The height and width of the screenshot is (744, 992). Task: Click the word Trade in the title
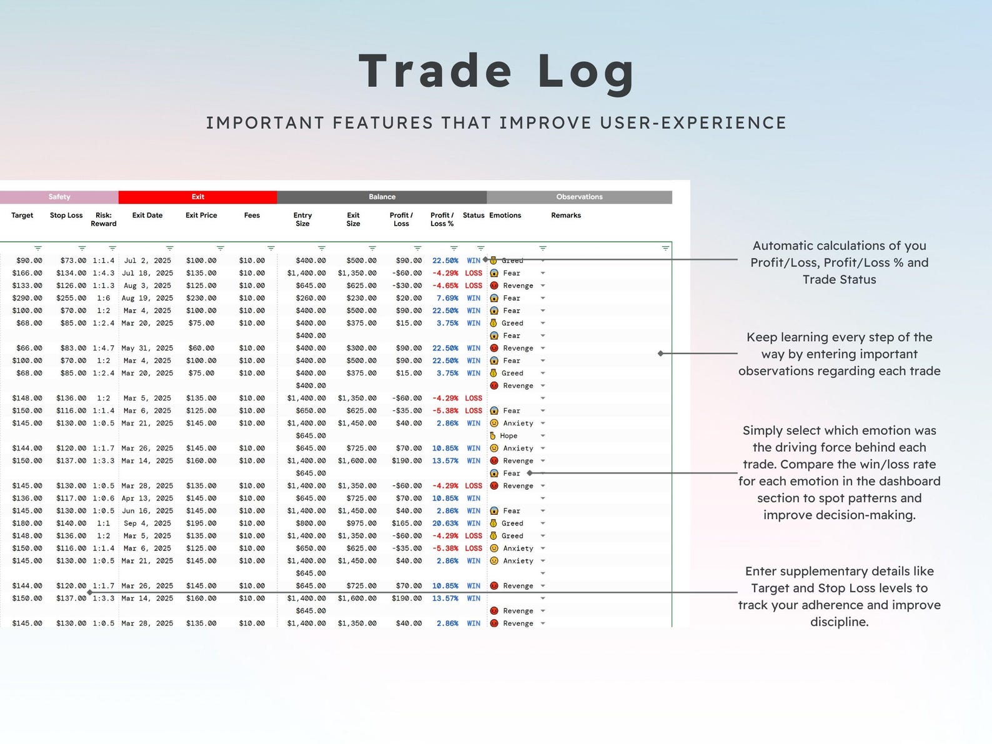pyautogui.click(x=435, y=71)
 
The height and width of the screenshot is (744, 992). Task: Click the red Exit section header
pyautogui.click(x=197, y=197)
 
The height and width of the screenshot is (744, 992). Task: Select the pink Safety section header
pyautogui.click(x=59, y=197)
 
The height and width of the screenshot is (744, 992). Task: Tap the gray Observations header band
pyautogui.click(x=579, y=197)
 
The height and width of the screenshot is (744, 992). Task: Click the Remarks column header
pyautogui.click(x=565, y=216)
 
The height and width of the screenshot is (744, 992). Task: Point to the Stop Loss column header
pyautogui.click(x=66, y=216)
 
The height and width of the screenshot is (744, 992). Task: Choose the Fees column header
pyautogui.click(x=252, y=216)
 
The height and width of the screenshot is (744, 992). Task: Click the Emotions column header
pyautogui.click(x=505, y=216)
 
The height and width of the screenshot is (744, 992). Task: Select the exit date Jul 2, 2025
pyautogui.click(x=147, y=260)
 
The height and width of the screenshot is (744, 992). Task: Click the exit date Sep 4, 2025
pyautogui.click(x=147, y=523)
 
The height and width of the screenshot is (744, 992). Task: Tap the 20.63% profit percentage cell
pyautogui.click(x=445, y=523)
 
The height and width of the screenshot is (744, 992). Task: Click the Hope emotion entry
pyautogui.click(x=508, y=436)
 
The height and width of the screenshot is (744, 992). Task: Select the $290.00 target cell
pyautogui.click(x=27, y=298)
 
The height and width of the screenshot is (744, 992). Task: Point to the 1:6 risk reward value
pyautogui.click(x=103, y=298)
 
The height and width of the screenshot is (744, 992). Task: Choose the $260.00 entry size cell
pyautogui.click(x=310, y=298)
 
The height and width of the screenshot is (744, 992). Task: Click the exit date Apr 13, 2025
pyautogui.click(x=147, y=498)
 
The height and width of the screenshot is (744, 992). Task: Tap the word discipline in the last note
pyautogui.click(x=838, y=622)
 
